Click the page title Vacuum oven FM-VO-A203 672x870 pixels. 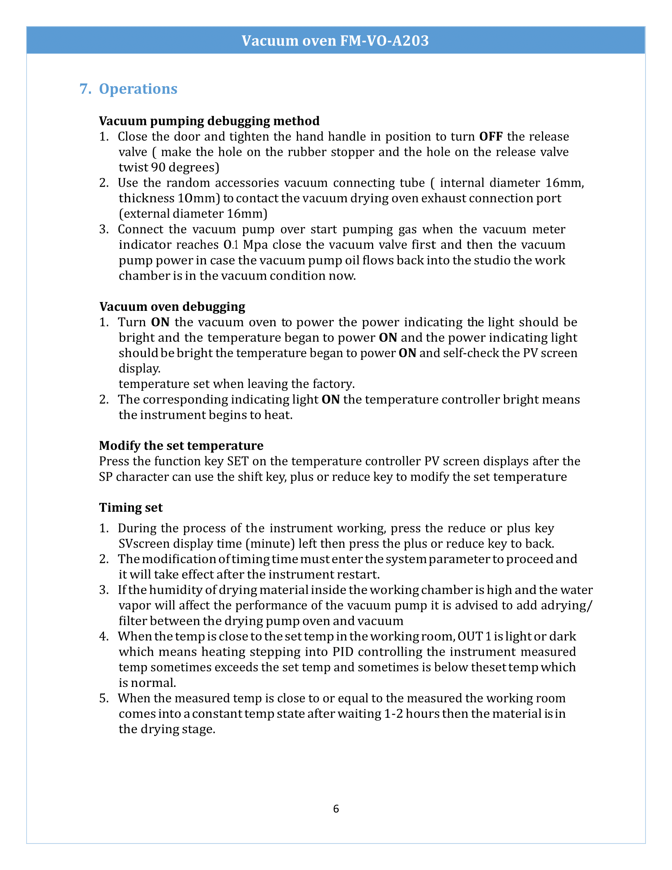(335, 41)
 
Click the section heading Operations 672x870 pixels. (138, 89)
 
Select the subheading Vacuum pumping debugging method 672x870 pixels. (209, 121)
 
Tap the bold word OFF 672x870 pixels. (491, 137)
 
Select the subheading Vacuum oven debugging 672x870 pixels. (172, 306)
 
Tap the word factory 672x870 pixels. (333, 384)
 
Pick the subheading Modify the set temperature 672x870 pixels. (181, 445)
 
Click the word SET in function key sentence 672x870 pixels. (238, 461)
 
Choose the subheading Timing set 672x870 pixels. (130, 507)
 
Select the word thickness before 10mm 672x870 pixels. (146, 199)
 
